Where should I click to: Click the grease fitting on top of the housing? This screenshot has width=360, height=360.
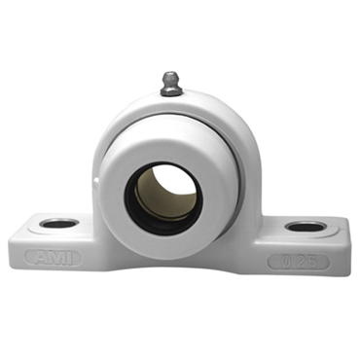coord(171,84)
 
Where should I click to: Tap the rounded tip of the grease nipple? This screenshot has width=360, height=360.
coord(170,74)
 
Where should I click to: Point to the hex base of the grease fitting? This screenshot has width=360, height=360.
coord(172,90)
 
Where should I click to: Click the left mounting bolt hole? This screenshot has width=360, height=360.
coord(59,223)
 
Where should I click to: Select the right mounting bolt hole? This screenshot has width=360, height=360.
coord(306,227)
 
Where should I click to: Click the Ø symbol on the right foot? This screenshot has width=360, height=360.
coord(284,262)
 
